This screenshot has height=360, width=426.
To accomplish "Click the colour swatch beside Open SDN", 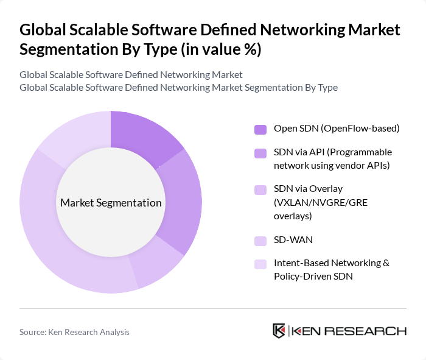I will (260, 129).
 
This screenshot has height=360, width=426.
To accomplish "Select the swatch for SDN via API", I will (260, 153).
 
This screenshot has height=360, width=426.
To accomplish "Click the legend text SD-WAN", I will (293, 240).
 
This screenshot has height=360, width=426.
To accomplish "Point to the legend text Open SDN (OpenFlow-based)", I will (337, 129).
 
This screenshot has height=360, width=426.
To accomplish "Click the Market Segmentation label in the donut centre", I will (110, 203).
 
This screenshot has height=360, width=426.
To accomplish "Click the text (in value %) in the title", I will (221, 50).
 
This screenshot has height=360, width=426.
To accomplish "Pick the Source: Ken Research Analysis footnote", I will (74, 332).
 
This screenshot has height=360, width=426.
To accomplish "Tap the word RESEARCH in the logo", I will (372, 331).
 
